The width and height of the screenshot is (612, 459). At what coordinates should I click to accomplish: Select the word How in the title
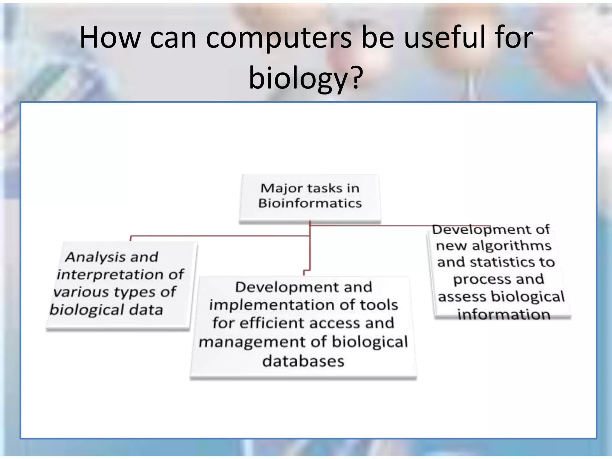pos(110,38)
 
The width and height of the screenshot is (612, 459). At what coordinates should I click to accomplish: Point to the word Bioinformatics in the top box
pos(310,204)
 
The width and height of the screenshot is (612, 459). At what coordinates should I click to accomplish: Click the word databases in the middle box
pos(303,361)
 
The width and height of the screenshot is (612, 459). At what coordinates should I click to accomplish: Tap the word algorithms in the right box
pos(511,246)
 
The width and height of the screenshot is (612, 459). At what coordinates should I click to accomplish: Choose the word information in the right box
pos(504,315)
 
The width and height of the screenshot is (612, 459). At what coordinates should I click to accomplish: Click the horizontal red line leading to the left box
pos(220,236)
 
